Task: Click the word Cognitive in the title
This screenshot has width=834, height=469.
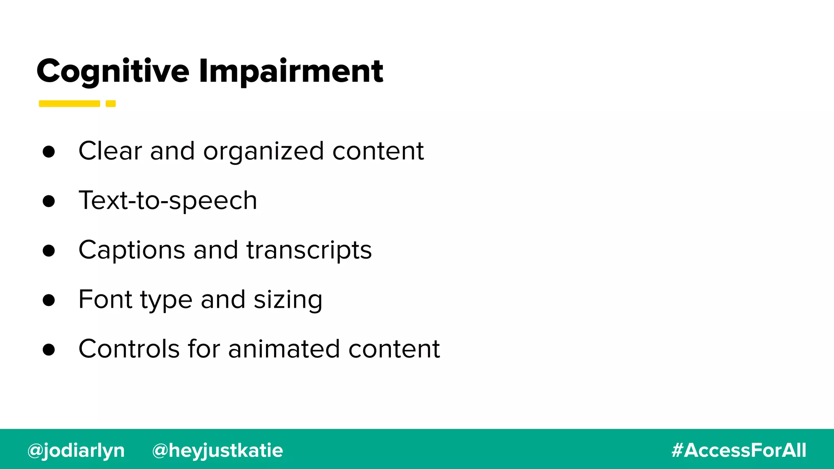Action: click(113, 71)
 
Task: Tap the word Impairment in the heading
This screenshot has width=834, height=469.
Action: click(291, 71)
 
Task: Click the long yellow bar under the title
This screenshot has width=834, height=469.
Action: click(69, 103)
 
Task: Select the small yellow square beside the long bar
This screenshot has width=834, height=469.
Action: click(111, 103)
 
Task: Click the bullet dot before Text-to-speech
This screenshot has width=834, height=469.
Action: click(48, 201)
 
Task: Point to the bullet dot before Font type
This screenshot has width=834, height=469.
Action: click(48, 300)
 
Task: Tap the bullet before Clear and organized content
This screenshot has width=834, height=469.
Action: click(48, 151)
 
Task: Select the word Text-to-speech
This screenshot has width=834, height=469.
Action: click(168, 200)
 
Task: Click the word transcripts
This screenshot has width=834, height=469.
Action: click(309, 250)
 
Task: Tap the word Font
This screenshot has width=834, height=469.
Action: click(105, 299)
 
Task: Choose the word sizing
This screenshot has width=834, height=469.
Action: click(288, 300)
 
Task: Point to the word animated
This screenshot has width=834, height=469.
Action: click(284, 349)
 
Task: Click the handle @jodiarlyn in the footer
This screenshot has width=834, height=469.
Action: click(76, 450)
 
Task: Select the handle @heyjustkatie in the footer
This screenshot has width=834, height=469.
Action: click(217, 450)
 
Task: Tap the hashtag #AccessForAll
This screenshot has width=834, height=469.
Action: click(739, 450)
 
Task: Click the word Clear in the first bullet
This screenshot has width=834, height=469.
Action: click(110, 151)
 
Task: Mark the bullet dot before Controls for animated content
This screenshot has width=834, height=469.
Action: click(48, 350)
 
